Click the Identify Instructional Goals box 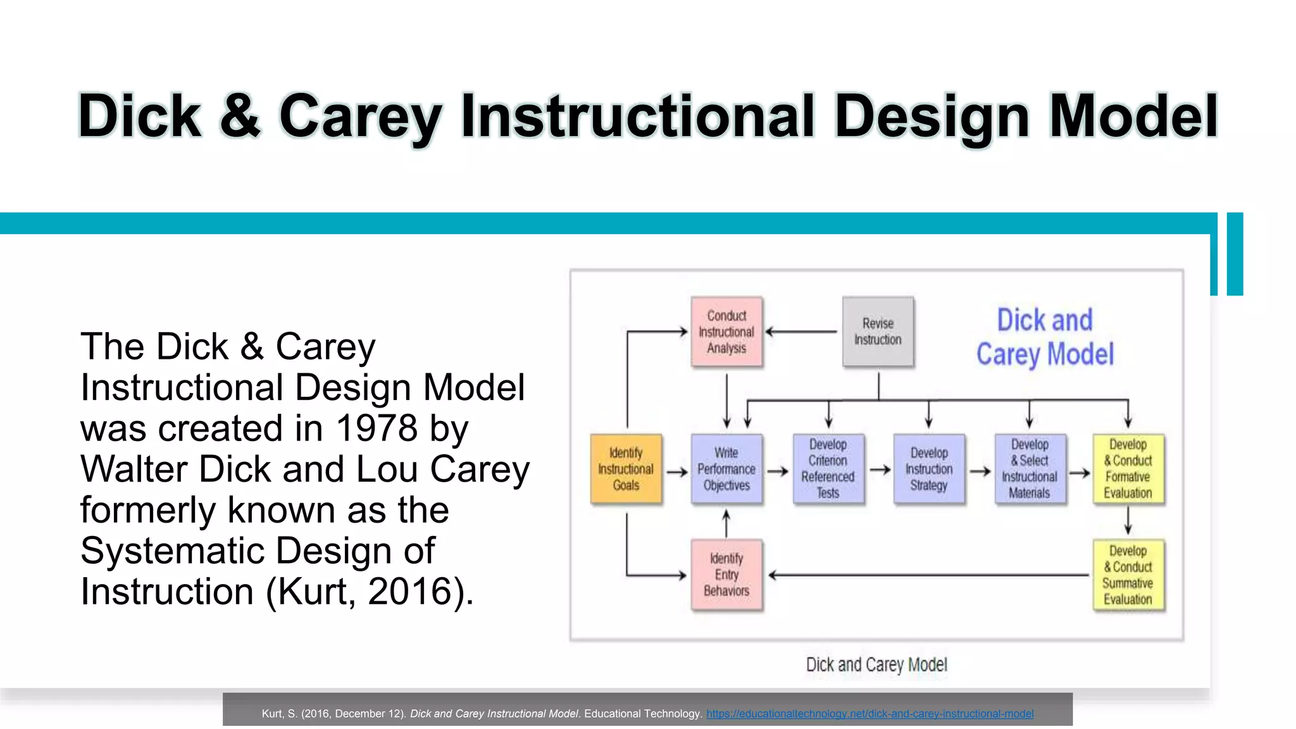(x=626, y=469)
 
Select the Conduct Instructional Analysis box (x=726, y=332)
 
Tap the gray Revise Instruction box (x=878, y=332)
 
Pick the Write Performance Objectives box (x=726, y=469)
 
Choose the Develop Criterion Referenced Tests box (x=828, y=469)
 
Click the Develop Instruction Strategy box (x=929, y=469)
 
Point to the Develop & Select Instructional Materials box (x=1030, y=469)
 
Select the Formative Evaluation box (x=1128, y=469)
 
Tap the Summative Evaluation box (x=1128, y=575)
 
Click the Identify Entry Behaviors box (x=726, y=575)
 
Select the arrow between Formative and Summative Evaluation (x=1128, y=521)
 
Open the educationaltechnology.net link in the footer (x=869, y=714)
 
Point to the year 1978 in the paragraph (x=377, y=428)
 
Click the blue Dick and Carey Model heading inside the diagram (x=1045, y=337)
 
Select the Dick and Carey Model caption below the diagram (x=876, y=664)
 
